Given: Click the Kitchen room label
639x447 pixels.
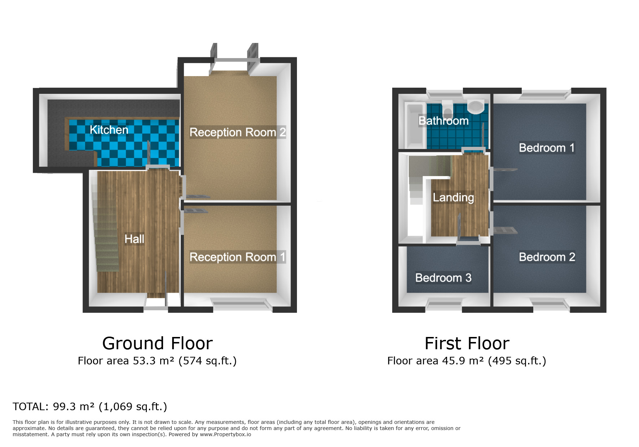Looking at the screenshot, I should coord(109,130).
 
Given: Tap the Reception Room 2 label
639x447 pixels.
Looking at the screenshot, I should coord(237,132).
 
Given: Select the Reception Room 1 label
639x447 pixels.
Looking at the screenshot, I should coord(237,257).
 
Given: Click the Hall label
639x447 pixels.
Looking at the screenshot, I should coord(134,239).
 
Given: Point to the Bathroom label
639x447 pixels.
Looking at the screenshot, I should coord(443,121).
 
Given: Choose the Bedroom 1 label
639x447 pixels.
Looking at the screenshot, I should coord(546,148).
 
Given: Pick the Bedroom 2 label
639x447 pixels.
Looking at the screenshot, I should coord(547,257).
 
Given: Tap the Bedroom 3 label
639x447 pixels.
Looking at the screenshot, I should coord(443,278).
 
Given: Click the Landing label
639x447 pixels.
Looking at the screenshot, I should coord(453,197).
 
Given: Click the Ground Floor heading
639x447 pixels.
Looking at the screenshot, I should coord(157,343).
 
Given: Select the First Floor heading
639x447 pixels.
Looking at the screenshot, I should coord(467,343).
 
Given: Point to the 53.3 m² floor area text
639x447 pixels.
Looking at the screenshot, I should coord(157,361).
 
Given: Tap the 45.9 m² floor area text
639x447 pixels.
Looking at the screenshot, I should coord(467,361).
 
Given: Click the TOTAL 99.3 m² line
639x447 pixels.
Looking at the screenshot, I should coord(90,407).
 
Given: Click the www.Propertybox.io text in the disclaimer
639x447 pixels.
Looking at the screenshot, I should coord(225,434).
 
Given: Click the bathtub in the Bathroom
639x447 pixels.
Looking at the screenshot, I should coord(415,124).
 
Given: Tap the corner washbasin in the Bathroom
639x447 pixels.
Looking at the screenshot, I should coord(475,106).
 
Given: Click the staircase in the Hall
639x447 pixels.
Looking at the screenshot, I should coord(107,235).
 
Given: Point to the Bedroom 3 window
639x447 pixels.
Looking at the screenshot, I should coord(444,304).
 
